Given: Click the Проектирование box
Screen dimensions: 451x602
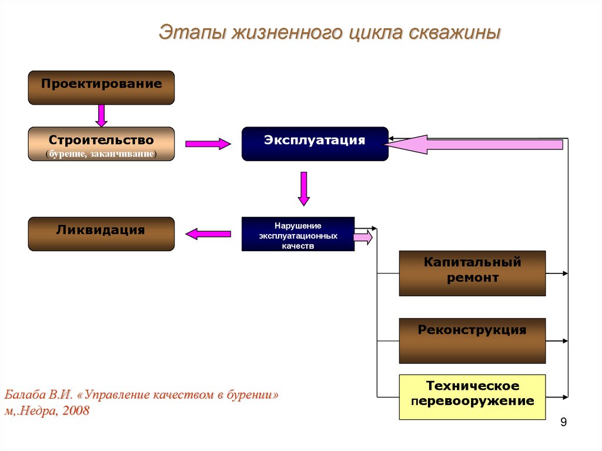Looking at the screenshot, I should click(x=101, y=87).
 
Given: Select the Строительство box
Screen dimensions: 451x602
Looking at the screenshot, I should click(x=101, y=144).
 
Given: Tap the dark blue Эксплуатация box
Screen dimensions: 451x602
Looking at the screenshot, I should click(x=315, y=143).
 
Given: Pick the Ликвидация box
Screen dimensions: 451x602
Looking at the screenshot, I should click(x=101, y=233).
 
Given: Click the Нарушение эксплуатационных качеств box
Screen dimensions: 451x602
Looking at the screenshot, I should click(x=297, y=234).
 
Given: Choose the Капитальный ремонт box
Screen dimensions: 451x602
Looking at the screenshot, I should click(x=472, y=273).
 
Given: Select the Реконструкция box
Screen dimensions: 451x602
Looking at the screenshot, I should click(x=472, y=340).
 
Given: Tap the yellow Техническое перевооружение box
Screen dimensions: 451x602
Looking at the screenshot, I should click(x=472, y=397).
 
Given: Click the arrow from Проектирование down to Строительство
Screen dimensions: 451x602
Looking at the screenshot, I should click(x=102, y=115).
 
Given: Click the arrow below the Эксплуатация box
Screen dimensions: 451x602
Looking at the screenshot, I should click(x=303, y=188).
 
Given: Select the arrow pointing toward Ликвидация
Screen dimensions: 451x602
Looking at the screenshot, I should click(x=208, y=233).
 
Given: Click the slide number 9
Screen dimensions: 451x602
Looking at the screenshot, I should click(x=564, y=422).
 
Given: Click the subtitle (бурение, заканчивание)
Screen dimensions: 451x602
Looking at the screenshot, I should click(x=101, y=153).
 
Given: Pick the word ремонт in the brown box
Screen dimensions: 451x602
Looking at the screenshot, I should click(x=472, y=278).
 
